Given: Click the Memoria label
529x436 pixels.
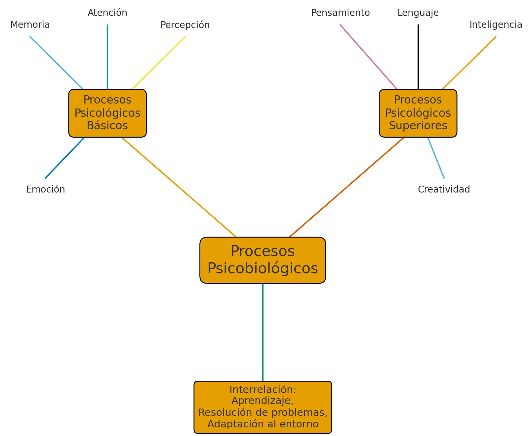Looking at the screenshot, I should click(x=30, y=25).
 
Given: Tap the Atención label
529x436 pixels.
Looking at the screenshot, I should click(x=107, y=13).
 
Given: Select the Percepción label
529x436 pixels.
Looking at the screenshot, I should click(x=185, y=25).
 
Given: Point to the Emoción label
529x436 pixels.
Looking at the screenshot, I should click(x=46, y=190).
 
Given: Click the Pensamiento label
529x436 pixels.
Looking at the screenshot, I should click(x=340, y=13).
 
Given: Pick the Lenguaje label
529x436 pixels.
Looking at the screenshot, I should click(x=418, y=13).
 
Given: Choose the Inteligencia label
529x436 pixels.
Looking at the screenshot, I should click(x=496, y=25).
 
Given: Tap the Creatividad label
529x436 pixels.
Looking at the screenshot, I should click(x=444, y=190).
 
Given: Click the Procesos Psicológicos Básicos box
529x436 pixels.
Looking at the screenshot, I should click(x=107, y=113).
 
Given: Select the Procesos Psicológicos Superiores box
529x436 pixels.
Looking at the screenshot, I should click(x=418, y=113).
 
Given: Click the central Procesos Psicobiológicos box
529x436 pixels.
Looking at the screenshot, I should click(x=263, y=260).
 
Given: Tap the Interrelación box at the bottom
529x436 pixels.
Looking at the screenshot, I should click(x=263, y=407).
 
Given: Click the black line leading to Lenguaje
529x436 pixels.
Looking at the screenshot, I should click(x=418, y=56).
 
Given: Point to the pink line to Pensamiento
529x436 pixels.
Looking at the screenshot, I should click(x=368, y=57).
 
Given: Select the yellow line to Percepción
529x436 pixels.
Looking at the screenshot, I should click(x=159, y=63).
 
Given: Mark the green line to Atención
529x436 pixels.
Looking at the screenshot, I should click(x=107, y=56).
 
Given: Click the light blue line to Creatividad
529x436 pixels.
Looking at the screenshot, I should click(x=436, y=157).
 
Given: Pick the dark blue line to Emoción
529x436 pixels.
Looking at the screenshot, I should click(x=65, y=158).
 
